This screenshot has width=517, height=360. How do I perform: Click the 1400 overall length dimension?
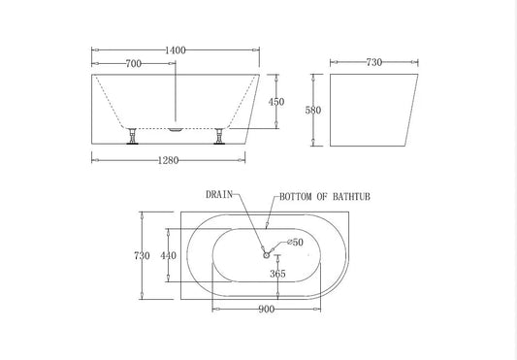176,48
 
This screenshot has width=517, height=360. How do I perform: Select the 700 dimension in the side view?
134,63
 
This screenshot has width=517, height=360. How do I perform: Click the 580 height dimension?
311,110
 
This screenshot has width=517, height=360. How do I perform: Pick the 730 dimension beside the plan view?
142,256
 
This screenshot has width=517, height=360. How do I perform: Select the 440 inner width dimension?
169,256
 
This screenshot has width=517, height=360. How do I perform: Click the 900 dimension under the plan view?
267,310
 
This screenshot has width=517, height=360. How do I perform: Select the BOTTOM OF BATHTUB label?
325,196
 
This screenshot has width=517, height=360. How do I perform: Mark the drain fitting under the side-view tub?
176,126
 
